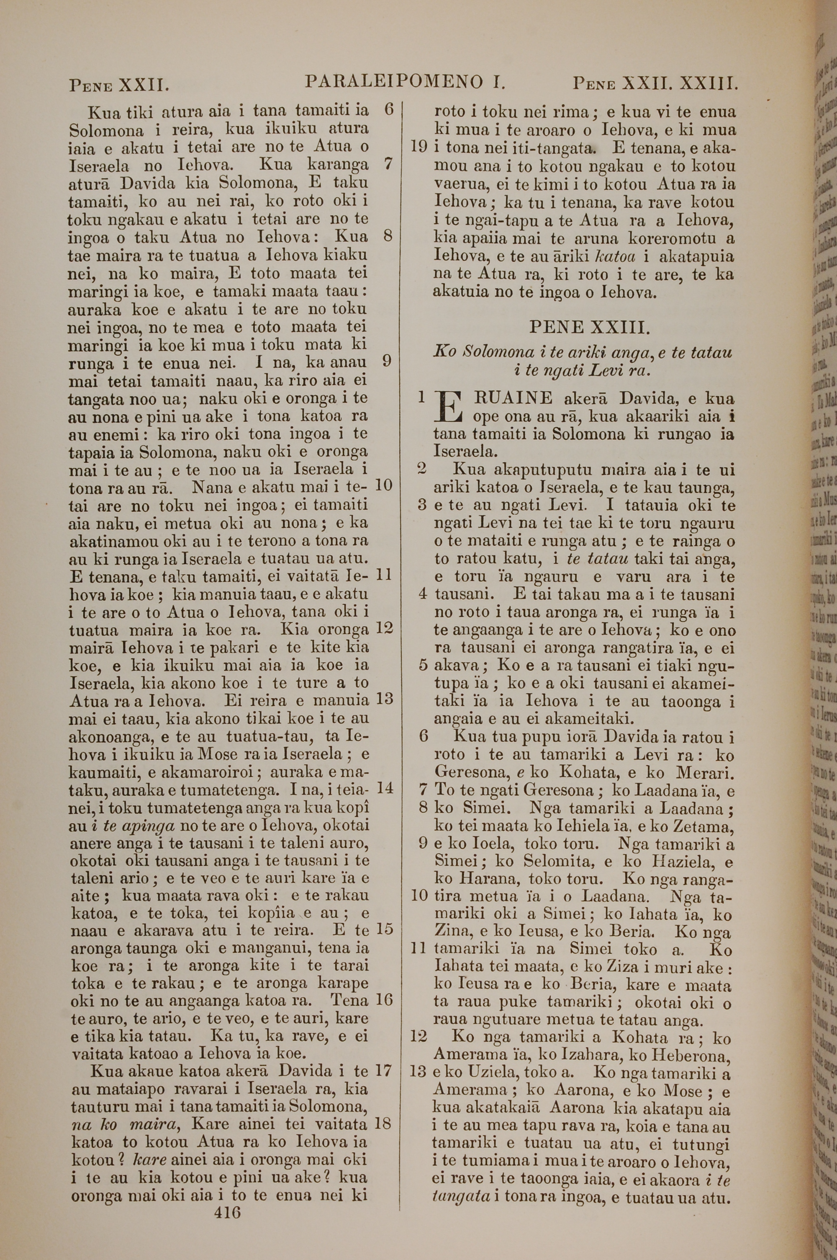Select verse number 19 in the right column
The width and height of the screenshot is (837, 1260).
tap(420, 147)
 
